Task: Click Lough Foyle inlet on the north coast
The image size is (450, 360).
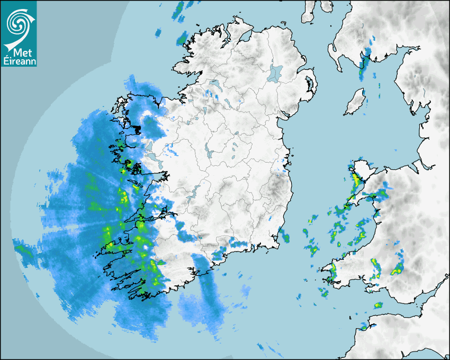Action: tap(245, 37)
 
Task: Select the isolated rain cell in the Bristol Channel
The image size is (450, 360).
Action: tap(378, 305)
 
